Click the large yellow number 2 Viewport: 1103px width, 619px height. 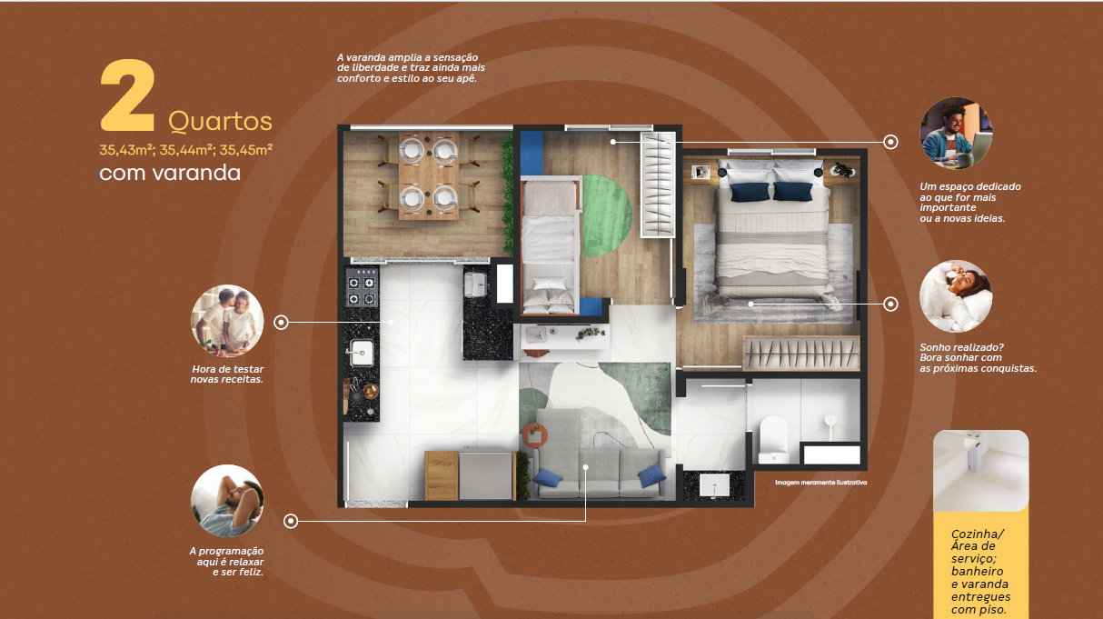pyautogui.click(x=127, y=95)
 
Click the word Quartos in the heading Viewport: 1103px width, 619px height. pyautogui.click(x=220, y=122)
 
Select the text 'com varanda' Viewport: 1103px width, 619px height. pyautogui.click(x=170, y=173)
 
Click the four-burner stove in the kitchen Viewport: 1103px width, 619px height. pyautogui.click(x=362, y=286)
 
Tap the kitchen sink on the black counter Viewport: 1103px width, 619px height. pyautogui.click(x=362, y=353)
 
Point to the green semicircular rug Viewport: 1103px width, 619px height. pyautogui.click(x=607, y=215)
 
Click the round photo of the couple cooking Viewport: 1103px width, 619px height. pyautogui.click(x=227, y=321)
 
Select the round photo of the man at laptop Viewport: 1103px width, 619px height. pyautogui.click(x=956, y=133)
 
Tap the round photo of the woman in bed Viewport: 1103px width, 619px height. pyautogui.click(x=956, y=296)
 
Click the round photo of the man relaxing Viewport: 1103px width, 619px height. pyautogui.click(x=227, y=501)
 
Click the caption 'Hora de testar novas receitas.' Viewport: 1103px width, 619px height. pyautogui.click(x=227, y=374)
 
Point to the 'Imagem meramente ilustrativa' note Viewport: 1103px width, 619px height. pyautogui.click(x=820, y=483)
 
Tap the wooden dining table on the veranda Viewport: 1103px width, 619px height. pyautogui.click(x=429, y=175)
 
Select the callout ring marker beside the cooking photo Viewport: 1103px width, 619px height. pyautogui.click(x=281, y=323)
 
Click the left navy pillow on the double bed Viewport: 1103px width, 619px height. pyautogui.click(x=750, y=192)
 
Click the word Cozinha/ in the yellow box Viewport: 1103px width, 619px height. pyautogui.click(x=977, y=534)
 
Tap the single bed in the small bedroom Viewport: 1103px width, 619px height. pyautogui.click(x=549, y=246)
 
